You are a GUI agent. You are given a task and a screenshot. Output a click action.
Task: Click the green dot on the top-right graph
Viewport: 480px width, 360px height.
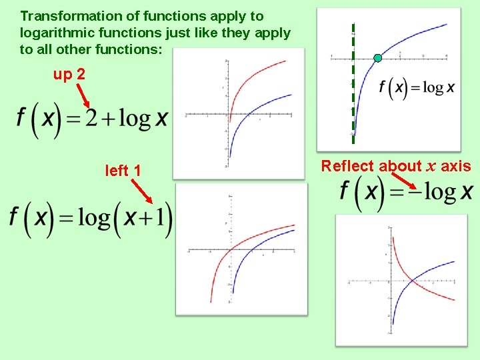coord(378,58)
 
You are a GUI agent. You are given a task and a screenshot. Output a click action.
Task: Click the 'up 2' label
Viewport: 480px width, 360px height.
coord(69,74)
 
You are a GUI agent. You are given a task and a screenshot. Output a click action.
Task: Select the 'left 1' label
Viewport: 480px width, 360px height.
coord(123,171)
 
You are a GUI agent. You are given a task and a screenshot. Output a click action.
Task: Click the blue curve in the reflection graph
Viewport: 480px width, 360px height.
coord(433,270)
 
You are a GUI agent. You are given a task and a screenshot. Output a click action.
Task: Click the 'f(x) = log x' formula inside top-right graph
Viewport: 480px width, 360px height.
coord(416,87)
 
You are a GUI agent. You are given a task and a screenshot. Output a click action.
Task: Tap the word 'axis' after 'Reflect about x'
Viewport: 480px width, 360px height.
coord(456,166)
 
